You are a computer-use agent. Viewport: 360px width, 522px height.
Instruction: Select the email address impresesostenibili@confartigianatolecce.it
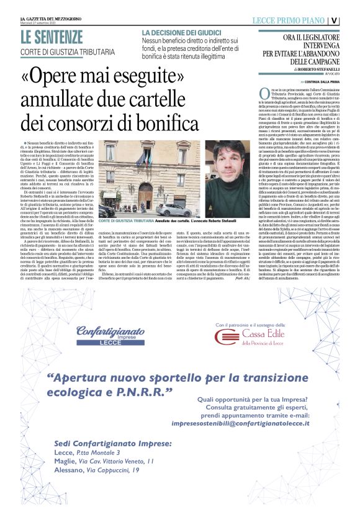[x=248, y=423]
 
